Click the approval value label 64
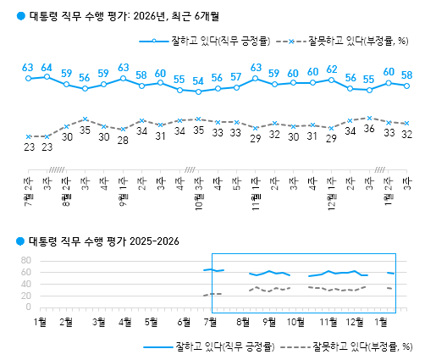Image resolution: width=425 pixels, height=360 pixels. pos(47,67)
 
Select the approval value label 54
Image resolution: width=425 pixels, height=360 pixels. pos(198,81)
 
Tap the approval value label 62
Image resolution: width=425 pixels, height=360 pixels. pos(332,69)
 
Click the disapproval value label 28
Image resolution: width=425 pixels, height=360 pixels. pos(123,141)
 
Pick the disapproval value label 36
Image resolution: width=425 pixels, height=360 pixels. pos(369,129)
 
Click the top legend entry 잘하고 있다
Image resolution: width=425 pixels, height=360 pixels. pos(212,40)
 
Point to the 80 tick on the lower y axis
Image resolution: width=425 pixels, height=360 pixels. pos(24,260)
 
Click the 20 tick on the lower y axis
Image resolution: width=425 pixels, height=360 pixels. pos(24,296)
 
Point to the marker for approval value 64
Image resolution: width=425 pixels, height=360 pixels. pos(47,77)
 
